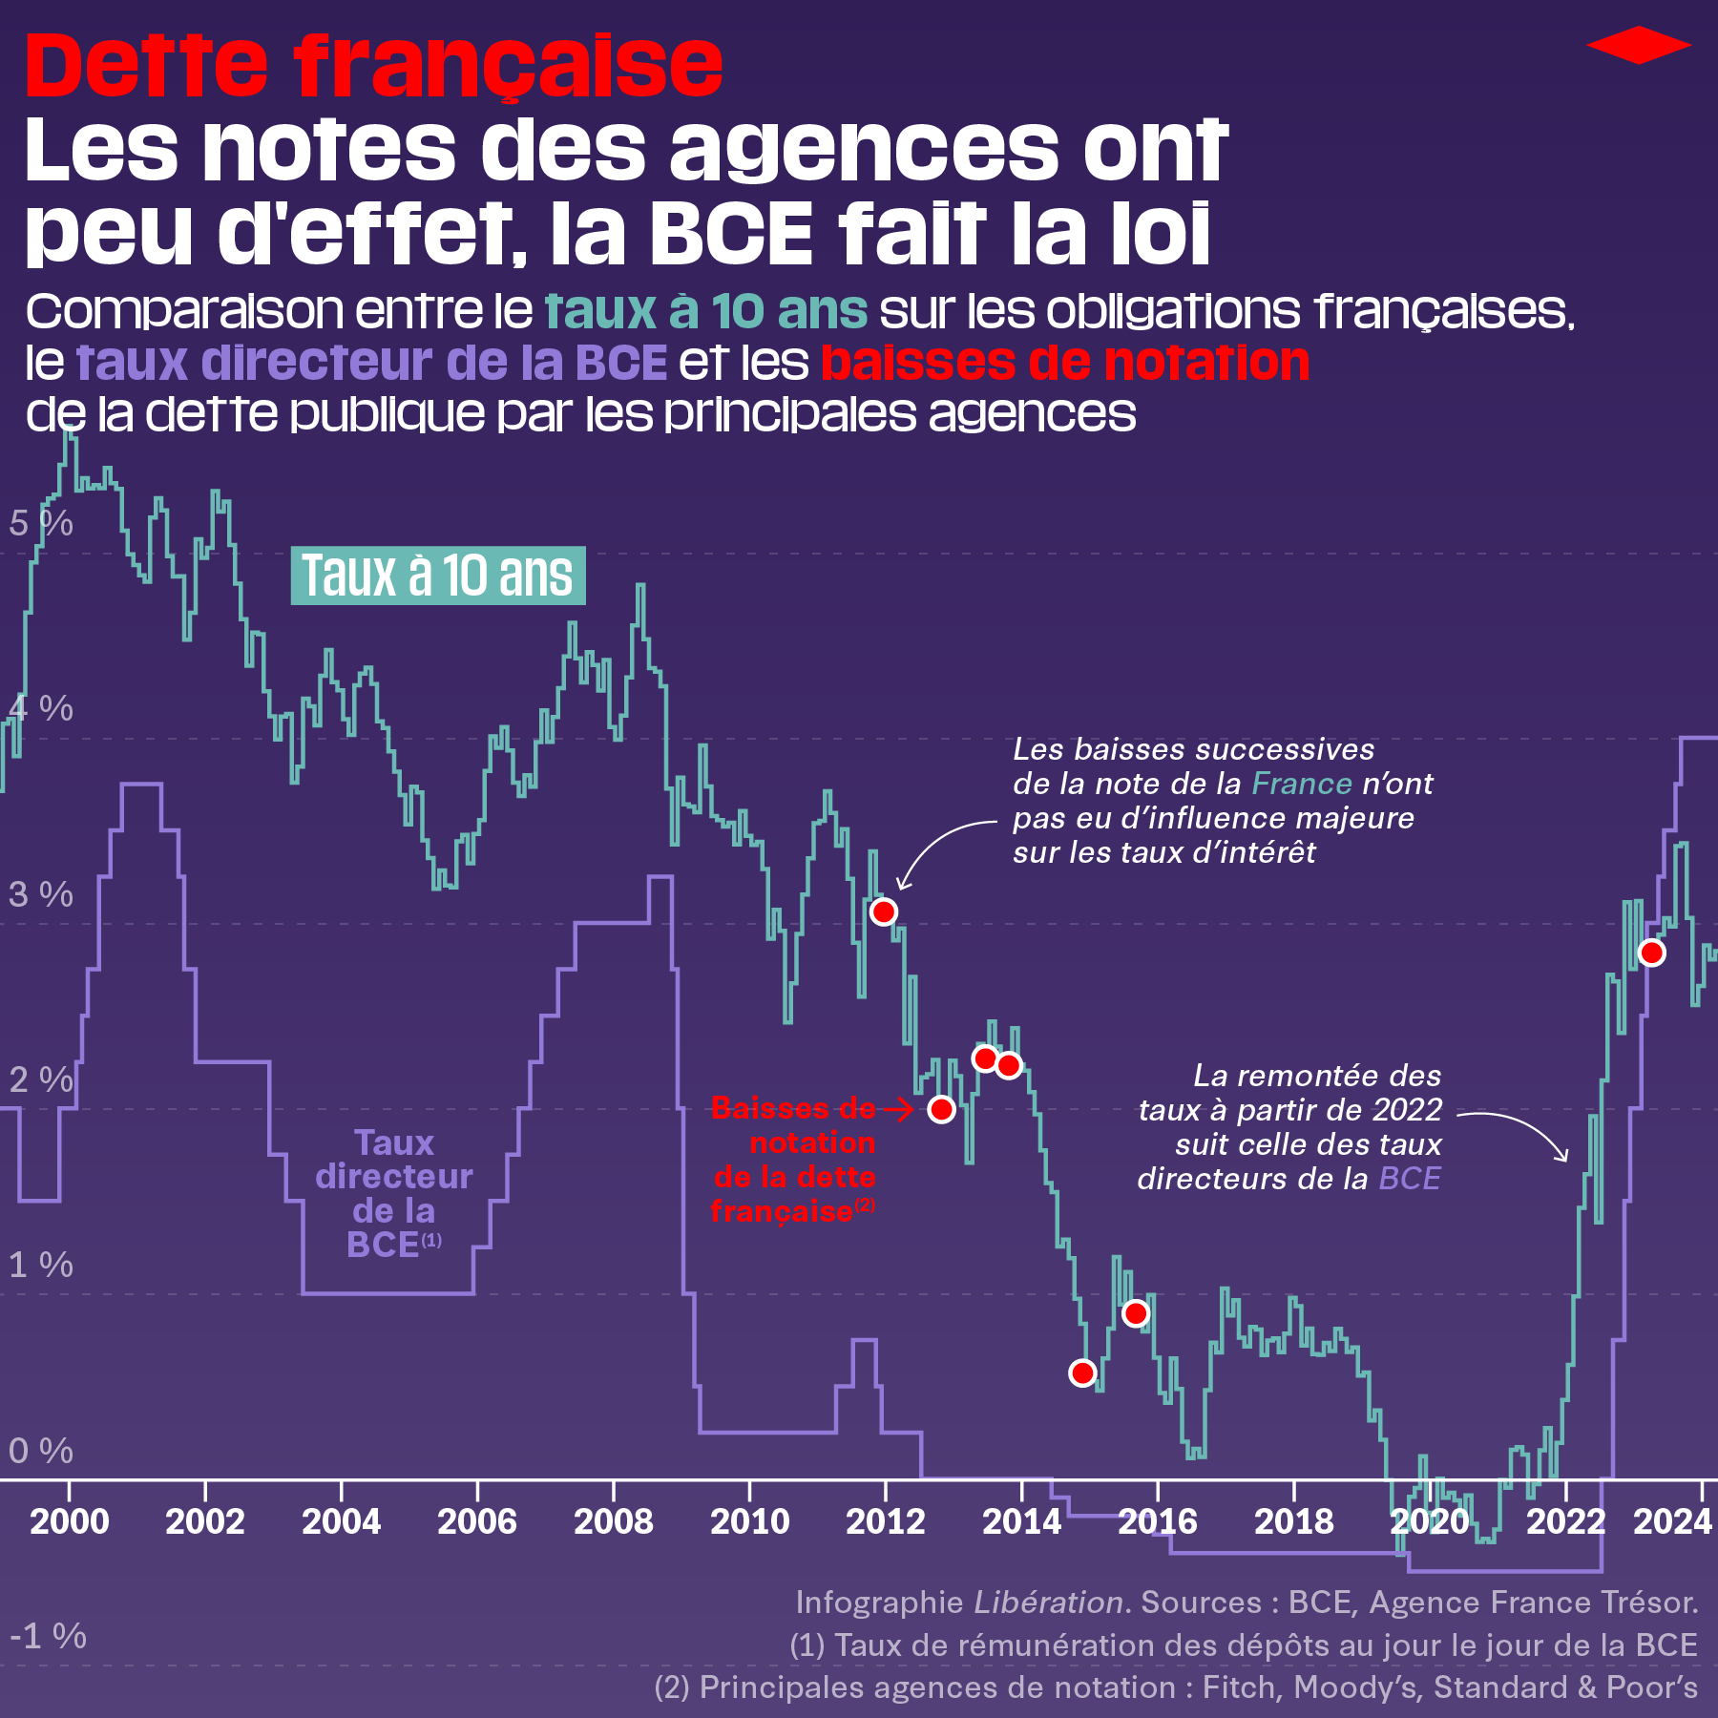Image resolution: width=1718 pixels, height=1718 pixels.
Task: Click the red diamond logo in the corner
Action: (1638, 45)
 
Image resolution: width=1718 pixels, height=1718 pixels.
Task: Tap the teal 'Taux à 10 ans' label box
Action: (438, 576)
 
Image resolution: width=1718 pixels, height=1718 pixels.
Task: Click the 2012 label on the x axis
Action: (885, 1521)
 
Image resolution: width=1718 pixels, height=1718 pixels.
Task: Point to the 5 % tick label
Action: (40, 523)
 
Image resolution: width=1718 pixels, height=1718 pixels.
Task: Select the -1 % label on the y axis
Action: (48, 1636)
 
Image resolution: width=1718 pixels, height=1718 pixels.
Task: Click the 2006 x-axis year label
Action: (476, 1521)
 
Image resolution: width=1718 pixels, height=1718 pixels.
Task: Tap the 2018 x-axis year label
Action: (1293, 1521)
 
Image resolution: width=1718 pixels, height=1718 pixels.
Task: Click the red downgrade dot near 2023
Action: (1651, 953)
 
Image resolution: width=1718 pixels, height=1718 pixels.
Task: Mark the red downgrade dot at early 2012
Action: (884, 911)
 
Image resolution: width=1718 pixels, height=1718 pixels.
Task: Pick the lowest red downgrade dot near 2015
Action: (1082, 1372)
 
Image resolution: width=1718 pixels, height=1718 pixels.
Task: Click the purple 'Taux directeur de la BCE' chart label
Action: (393, 1193)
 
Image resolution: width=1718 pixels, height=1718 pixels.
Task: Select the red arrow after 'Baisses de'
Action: (897, 1108)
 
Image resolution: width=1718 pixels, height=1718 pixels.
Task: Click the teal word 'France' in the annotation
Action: (1301, 784)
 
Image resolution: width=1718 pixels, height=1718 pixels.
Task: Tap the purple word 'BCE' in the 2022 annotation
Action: (1410, 1179)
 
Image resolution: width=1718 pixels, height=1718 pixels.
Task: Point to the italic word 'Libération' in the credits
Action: (1048, 1602)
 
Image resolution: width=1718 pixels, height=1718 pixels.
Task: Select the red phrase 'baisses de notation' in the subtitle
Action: (1064, 363)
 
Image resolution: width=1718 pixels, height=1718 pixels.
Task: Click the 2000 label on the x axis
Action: (69, 1521)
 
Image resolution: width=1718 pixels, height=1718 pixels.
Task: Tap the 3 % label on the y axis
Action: (40, 894)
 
